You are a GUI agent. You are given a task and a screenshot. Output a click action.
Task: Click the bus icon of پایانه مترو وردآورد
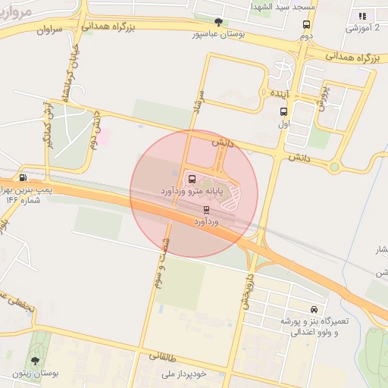coord(191,180)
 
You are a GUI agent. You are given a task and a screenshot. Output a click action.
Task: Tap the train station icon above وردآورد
coord(207,210)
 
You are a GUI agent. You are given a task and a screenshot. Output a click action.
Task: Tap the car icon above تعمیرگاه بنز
coord(314,309)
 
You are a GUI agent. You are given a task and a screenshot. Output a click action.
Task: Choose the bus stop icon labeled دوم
coord(305,23)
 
